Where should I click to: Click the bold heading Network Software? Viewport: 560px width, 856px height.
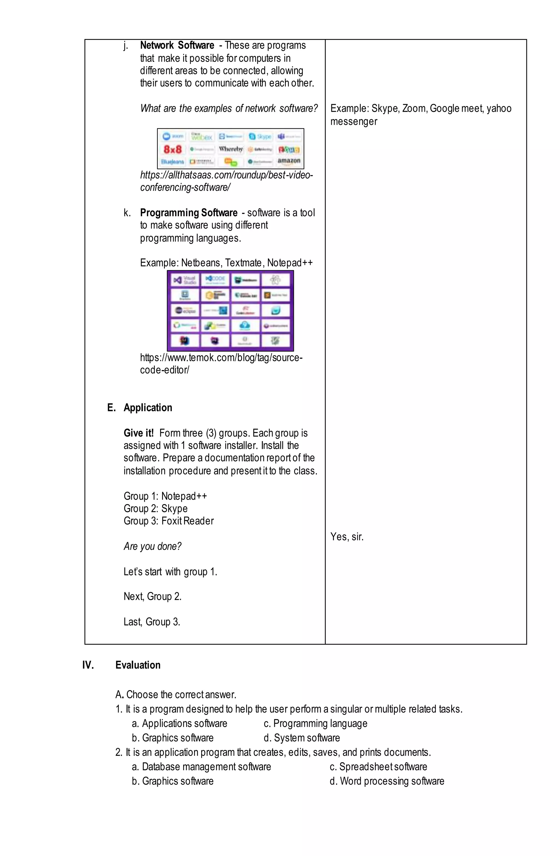[x=177, y=45]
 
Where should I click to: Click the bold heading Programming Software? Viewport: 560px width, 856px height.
[x=189, y=213]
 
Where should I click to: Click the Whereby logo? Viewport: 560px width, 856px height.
[x=231, y=149]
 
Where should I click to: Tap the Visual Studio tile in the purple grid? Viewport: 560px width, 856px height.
[x=185, y=280]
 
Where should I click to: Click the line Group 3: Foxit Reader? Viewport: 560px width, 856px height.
[x=168, y=521]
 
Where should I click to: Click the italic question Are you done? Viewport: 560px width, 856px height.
[x=152, y=546]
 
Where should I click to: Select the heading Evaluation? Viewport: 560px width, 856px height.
[x=138, y=665]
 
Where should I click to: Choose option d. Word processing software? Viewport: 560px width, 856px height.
[x=387, y=781]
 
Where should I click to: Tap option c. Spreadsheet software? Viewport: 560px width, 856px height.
[x=378, y=766]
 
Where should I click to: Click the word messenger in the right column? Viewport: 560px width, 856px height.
[x=354, y=122]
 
